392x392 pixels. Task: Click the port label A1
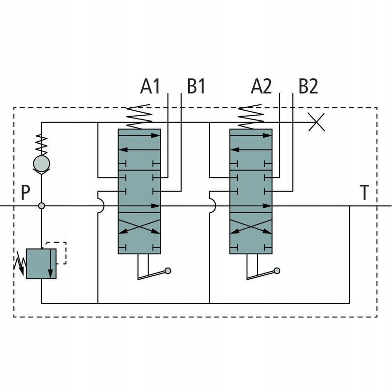tap(150, 86)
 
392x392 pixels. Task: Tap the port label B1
tap(196, 86)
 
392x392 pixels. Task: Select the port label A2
tap(261, 86)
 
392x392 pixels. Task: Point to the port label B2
tap(308, 86)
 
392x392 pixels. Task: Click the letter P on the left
tap(26, 193)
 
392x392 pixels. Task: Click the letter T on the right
tap(364, 193)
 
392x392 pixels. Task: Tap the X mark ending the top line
tap(318, 122)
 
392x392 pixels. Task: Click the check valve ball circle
tap(42, 163)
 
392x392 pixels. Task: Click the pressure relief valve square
tap(42, 263)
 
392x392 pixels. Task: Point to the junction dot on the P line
tap(42, 206)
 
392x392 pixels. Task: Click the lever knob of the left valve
tap(168, 270)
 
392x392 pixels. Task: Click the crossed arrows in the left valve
tap(140, 228)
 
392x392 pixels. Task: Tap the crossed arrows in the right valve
tap(251, 228)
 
